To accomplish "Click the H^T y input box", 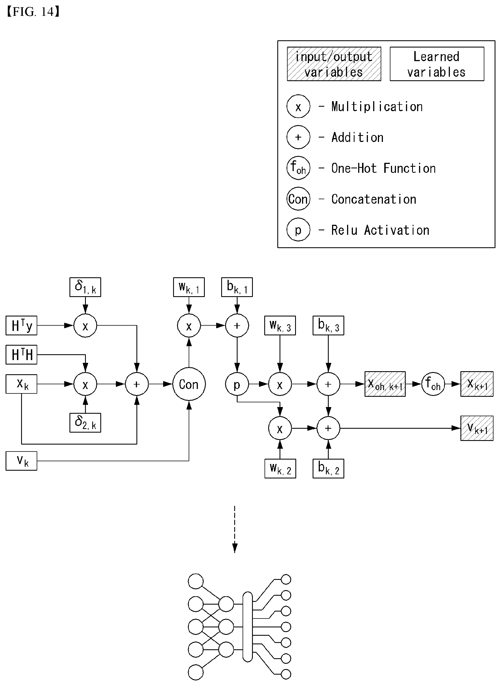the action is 21,325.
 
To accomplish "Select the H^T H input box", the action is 21,355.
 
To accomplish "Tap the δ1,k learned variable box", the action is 85,287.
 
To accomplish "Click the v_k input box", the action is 21,461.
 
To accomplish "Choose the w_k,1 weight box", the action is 189,287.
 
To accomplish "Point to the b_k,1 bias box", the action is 237,287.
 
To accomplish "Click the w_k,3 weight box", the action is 280,325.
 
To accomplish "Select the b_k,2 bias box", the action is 328,468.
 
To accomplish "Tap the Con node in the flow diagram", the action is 189,384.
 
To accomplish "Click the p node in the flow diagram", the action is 237,384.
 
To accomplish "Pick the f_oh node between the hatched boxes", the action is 433,384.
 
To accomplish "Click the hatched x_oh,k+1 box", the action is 385,384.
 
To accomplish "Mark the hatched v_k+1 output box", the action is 477,428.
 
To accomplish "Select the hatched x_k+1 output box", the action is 477,384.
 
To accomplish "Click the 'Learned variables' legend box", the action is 437,64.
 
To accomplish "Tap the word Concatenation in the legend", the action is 374,199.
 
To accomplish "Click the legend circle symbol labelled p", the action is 298,230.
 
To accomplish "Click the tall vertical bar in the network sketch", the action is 248,627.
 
